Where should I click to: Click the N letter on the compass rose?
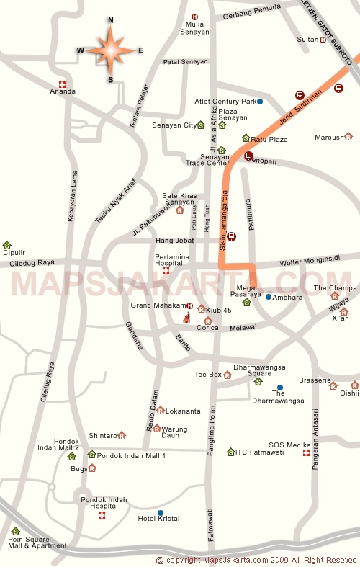[x=110, y=21]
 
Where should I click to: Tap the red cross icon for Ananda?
[x=63, y=84]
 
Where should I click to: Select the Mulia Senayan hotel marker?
[x=194, y=17]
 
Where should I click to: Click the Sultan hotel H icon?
[x=323, y=40]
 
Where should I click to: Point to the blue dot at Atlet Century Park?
[x=260, y=102]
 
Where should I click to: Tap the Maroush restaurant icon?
[x=348, y=136]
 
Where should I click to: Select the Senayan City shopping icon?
[x=201, y=125]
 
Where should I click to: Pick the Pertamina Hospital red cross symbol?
[x=166, y=271]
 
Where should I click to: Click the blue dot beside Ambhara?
[x=268, y=297]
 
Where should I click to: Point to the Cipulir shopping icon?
[x=7, y=245]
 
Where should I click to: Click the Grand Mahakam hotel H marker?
[x=189, y=305]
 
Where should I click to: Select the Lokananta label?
[x=183, y=411]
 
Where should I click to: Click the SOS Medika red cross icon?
[x=306, y=453]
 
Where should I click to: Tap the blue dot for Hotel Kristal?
[x=160, y=513]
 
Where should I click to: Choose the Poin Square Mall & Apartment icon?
[x=15, y=531]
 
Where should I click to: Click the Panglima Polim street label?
[x=212, y=419]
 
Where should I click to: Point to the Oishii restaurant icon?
[x=355, y=385]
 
